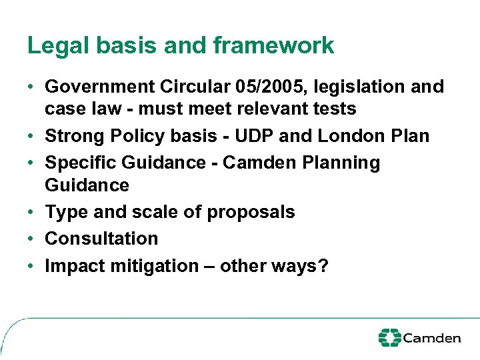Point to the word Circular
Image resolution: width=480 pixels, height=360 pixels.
pyautogui.click(x=194, y=87)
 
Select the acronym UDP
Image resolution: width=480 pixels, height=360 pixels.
pyautogui.click(x=251, y=136)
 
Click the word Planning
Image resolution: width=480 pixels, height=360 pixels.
pyautogui.click(x=345, y=163)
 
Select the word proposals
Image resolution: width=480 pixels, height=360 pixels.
pyautogui.click(x=251, y=213)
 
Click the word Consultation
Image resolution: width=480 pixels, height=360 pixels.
pyautogui.click(x=101, y=239)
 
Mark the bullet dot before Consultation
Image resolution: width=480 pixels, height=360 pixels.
pyautogui.click(x=31, y=239)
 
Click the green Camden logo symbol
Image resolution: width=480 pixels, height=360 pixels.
pyautogui.click(x=389, y=337)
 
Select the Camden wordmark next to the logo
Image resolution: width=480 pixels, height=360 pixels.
pyautogui.click(x=432, y=338)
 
